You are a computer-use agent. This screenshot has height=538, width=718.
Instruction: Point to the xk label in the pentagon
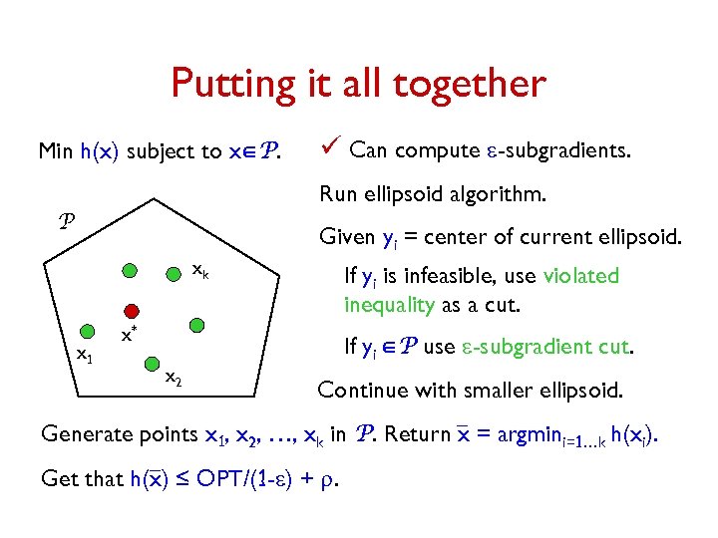[x=199, y=269]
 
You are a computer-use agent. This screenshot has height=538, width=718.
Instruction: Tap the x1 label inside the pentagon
[x=86, y=354]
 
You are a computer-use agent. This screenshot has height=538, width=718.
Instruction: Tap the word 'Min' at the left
[x=55, y=151]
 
